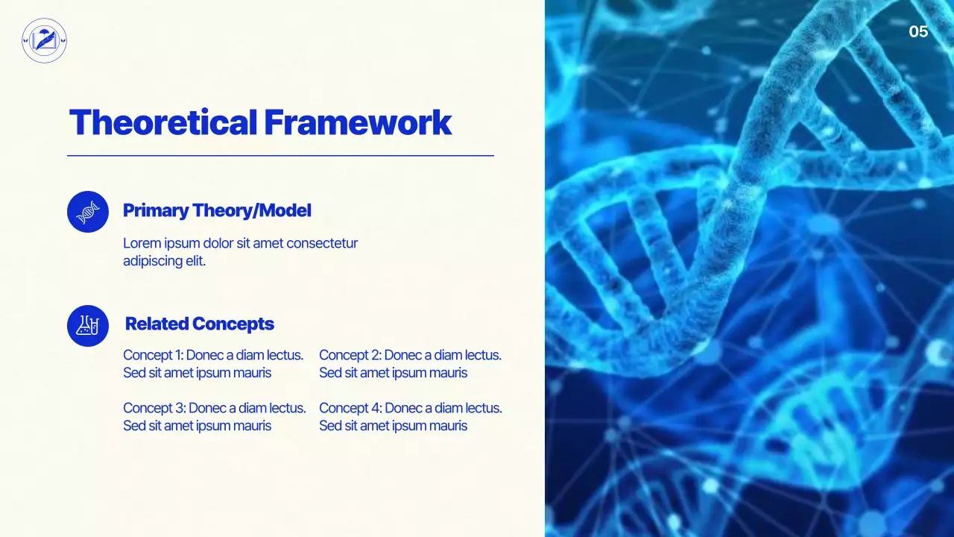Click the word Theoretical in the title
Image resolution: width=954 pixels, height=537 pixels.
163,123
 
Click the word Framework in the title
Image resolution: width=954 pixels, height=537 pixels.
358,123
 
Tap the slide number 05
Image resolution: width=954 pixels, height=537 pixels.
918,31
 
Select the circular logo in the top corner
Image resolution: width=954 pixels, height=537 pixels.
45,40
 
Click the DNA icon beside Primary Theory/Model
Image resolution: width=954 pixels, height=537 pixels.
88,212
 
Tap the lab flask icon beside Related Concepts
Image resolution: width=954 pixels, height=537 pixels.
88,326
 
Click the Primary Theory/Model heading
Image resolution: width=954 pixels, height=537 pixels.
217,211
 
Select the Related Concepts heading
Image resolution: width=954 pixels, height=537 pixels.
200,324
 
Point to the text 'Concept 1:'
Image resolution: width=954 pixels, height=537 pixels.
153,356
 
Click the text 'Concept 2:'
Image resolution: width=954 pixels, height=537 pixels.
350,356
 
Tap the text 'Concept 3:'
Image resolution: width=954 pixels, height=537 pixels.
154,409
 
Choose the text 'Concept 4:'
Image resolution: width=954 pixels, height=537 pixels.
350,409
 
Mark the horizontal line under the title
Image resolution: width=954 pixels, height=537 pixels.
280,156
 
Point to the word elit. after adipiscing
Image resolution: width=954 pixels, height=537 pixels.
195,262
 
